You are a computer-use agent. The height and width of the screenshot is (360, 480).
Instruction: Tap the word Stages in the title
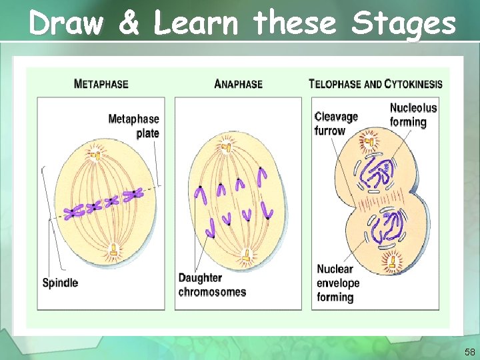[x=404, y=25]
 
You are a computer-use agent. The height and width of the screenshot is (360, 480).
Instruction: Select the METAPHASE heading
[x=101, y=85]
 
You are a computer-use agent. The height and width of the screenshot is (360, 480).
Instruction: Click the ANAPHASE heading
[x=239, y=85]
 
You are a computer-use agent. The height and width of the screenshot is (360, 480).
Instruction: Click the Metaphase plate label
[x=134, y=126]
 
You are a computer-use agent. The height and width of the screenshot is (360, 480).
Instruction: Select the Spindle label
[x=60, y=283]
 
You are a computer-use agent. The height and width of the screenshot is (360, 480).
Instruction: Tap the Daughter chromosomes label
[x=212, y=285]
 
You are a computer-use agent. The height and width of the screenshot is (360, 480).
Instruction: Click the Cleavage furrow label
[x=336, y=123]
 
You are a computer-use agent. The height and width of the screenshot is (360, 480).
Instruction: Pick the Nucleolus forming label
[x=413, y=115]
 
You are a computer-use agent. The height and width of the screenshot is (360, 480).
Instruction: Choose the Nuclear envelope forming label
[x=338, y=283]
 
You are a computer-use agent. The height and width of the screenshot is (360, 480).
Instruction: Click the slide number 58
[x=469, y=352]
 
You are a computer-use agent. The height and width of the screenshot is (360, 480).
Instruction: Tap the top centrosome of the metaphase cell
[x=96, y=156]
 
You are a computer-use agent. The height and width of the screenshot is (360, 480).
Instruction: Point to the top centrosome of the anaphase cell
[x=229, y=146]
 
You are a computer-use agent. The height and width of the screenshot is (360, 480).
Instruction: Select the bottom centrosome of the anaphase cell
[x=247, y=255]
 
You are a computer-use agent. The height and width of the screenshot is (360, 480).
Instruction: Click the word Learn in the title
[x=195, y=25]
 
